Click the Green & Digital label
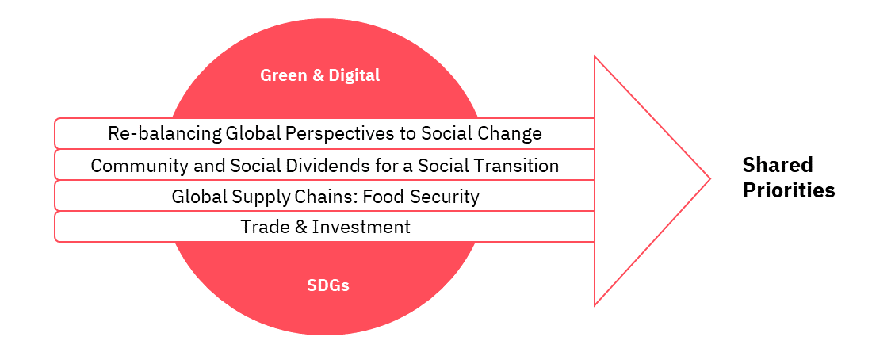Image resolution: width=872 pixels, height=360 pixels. point(319,75)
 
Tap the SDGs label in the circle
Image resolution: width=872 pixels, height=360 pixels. point(327,285)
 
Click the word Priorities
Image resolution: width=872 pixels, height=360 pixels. point(789,190)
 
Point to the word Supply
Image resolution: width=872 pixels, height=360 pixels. point(254,197)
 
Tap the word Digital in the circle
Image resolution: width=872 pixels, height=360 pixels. point(354,75)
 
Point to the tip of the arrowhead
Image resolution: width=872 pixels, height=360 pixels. point(710,178)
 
